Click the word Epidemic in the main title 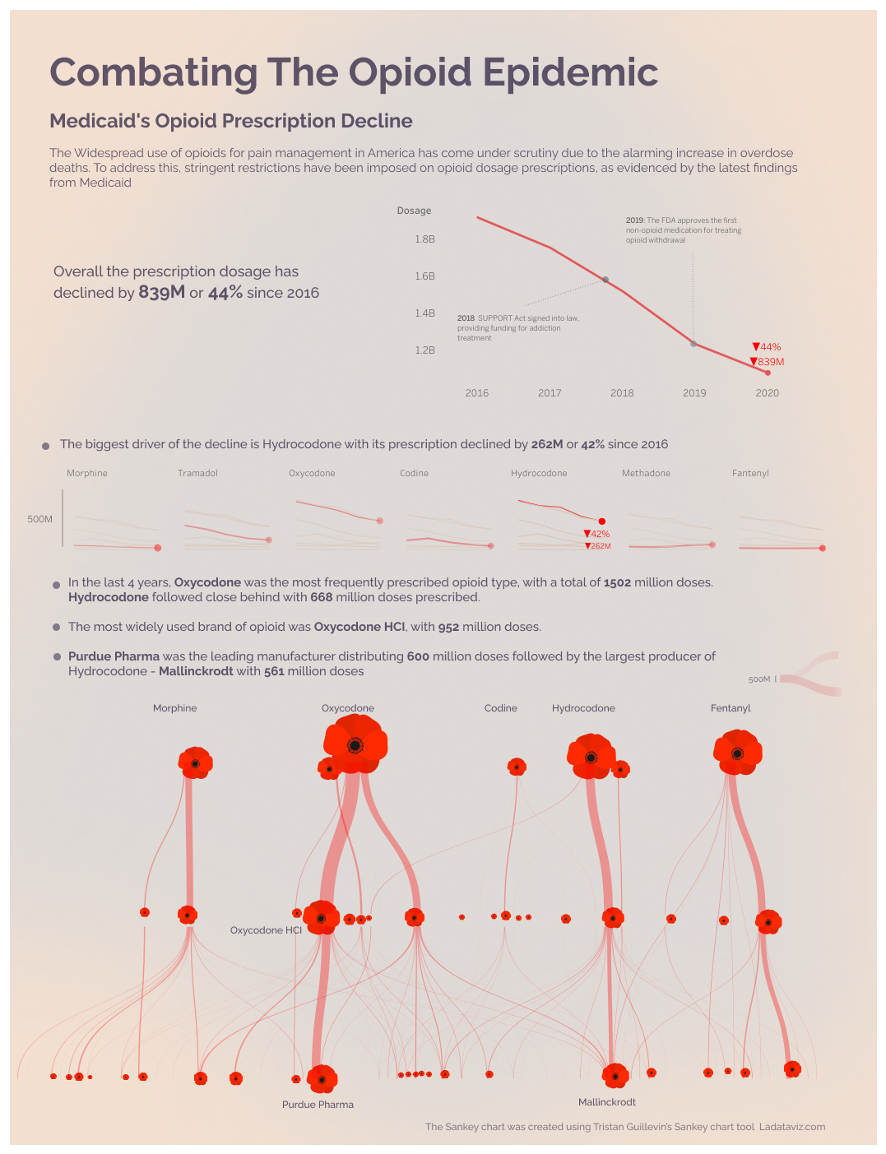569,72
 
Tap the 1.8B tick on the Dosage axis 424,239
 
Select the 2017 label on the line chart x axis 550,393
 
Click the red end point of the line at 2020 768,373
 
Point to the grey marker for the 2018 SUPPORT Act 605,280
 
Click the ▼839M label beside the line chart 768,362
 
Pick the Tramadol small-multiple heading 197,474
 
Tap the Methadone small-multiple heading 646,474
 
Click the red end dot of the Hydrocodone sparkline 602,521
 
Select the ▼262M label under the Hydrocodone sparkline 598,546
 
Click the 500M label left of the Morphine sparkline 39,519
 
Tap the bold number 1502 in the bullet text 617,582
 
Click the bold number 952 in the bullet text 448,627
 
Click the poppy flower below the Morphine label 195,763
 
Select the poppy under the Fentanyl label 737,753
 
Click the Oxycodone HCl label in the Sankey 266,930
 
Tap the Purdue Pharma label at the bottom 318,1105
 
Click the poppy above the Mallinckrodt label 615,1076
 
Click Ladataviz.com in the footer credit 791,1127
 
